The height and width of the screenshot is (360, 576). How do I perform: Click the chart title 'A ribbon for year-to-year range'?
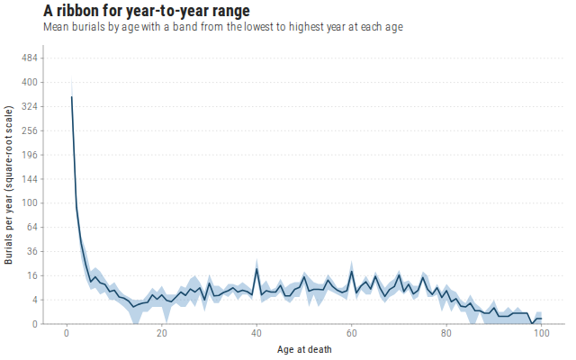(x=147, y=11)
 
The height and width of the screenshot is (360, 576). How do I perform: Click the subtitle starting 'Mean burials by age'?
(x=223, y=27)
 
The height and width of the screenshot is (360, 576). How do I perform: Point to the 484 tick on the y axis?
(x=30, y=58)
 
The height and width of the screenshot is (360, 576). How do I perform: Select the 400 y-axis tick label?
(x=30, y=82)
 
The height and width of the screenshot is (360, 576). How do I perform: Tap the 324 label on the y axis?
(x=30, y=106)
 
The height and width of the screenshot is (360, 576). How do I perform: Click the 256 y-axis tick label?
(x=30, y=130)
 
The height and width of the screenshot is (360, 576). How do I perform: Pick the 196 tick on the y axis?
(x=30, y=155)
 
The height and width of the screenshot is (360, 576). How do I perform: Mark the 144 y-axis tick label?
(x=30, y=179)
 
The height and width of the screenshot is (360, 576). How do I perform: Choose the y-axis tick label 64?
(x=32, y=228)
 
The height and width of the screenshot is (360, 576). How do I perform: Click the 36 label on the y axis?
(x=32, y=252)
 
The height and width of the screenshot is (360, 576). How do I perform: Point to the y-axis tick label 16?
(x=32, y=276)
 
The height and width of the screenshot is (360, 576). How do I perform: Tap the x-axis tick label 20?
(x=162, y=334)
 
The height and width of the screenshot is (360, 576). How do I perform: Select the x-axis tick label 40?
(x=256, y=334)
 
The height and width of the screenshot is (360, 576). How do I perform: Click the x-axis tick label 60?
(x=352, y=334)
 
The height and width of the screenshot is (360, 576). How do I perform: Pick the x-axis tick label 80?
(x=446, y=334)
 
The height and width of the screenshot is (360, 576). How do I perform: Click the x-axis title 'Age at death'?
(x=304, y=349)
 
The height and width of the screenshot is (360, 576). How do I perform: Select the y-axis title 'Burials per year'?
(x=8, y=184)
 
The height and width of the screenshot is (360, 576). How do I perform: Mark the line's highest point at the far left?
(x=72, y=96)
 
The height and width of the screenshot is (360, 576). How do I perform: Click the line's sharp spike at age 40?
(x=256, y=269)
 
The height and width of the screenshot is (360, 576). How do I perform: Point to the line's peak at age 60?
(x=352, y=272)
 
